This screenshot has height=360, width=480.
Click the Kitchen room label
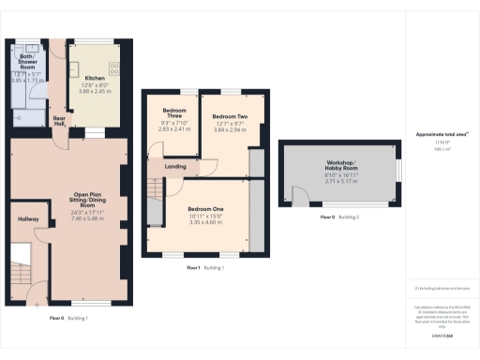[x=95, y=78]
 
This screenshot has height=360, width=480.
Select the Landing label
[x=174, y=168]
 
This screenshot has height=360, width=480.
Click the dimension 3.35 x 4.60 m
[x=204, y=223]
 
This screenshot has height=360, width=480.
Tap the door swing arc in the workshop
[x=300, y=196]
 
